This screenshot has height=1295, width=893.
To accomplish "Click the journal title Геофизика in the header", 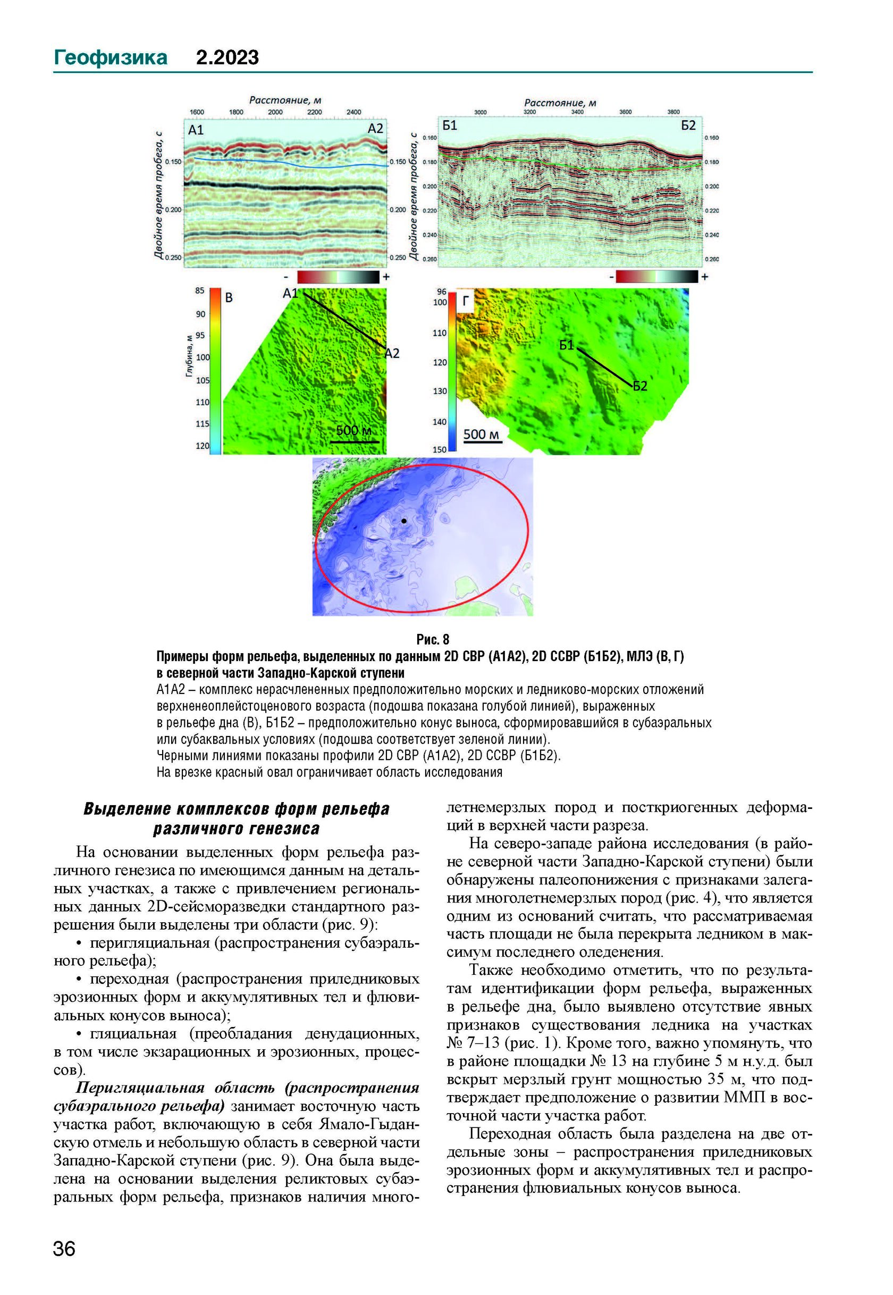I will pos(110,57).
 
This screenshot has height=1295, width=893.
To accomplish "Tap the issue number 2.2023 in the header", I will pos(227,57).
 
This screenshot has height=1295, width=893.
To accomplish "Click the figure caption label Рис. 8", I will pos(433,639).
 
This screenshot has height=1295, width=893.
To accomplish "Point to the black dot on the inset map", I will pos(404,521).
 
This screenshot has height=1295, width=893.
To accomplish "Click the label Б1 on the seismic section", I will pos(450,126).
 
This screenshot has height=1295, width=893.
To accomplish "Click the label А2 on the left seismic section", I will pos(375,129).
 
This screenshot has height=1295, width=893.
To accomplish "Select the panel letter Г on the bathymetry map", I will pos(466,302).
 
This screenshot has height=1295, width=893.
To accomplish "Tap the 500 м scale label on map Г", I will pos(482,435).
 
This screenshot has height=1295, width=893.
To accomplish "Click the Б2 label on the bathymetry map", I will pos(640,386).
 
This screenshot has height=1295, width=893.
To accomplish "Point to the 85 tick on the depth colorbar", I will pos(200,290).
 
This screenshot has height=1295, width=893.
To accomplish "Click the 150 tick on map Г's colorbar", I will pos(440,449).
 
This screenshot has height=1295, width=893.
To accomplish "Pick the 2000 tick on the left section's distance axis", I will pos(275,112).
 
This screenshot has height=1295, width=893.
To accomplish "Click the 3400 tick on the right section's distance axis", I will pos(577,112).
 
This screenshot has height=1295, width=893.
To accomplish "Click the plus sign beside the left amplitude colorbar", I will pos(386,277).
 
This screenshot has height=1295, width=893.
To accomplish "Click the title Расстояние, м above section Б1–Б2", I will pos(560,103).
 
